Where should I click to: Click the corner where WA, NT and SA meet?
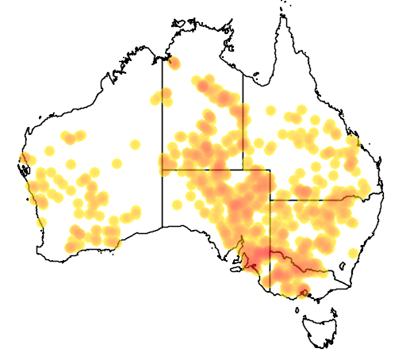click(x=163, y=170)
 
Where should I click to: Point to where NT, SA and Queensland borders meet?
click(x=243, y=170)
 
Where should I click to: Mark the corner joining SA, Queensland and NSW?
click(x=270, y=200)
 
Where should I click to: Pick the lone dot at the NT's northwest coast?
click(x=174, y=63)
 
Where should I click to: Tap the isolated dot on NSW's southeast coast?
click(x=353, y=253)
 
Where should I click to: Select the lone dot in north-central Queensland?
click(x=301, y=109)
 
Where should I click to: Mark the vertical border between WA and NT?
click(x=163, y=119)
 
